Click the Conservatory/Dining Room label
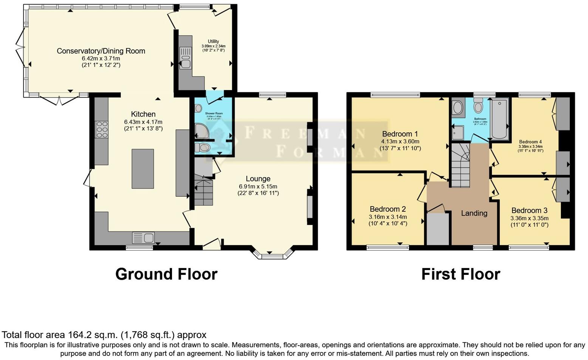point(101,51)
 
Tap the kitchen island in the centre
point(142,169)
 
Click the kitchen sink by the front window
point(143,238)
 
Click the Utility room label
point(213,42)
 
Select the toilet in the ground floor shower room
point(203,147)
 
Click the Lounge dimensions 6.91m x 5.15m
point(258,186)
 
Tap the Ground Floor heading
point(166,274)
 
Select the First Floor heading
point(461,274)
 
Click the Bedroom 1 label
point(400,134)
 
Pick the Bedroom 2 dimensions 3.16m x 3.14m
point(388,217)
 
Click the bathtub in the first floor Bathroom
point(499,118)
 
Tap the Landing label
point(474,213)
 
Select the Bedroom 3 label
point(529,211)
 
